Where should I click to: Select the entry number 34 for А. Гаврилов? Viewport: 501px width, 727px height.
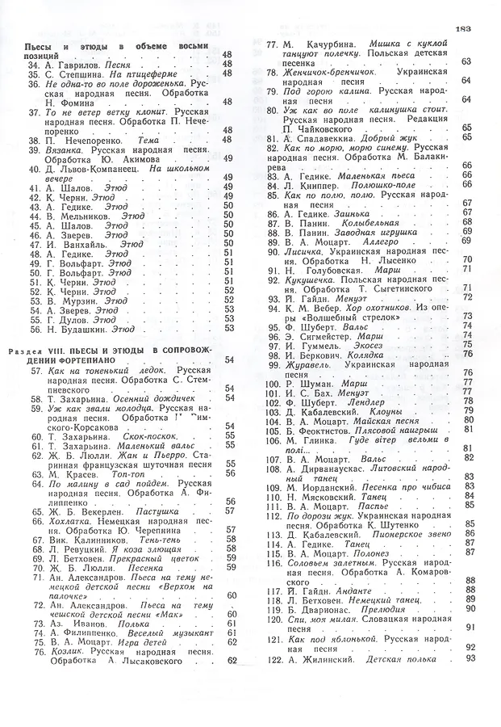[x=34, y=64]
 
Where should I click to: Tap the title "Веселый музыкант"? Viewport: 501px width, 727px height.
[x=168, y=632]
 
